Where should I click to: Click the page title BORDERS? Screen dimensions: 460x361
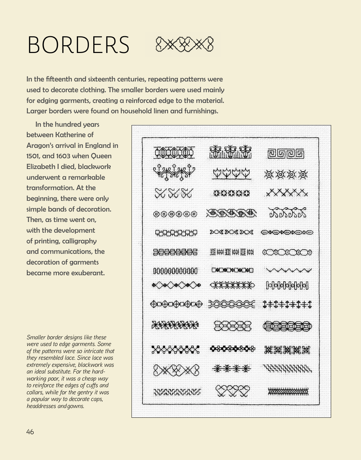tap(78, 45)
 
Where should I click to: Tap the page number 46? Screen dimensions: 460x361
tap(30, 432)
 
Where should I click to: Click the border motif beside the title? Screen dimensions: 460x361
tap(185, 45)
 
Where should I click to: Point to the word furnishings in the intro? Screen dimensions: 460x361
tap(201, 111)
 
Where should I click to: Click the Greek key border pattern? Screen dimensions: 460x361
tap(286, 154)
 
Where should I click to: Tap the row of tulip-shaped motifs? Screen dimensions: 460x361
tap(231, 173)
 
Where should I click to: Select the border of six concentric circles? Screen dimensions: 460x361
tap(175, 214)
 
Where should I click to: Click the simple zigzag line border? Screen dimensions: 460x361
tap(288, 270)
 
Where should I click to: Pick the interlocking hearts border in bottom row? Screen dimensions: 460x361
tap(232, 391)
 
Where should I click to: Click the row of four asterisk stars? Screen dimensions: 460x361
tap(231, 369)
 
